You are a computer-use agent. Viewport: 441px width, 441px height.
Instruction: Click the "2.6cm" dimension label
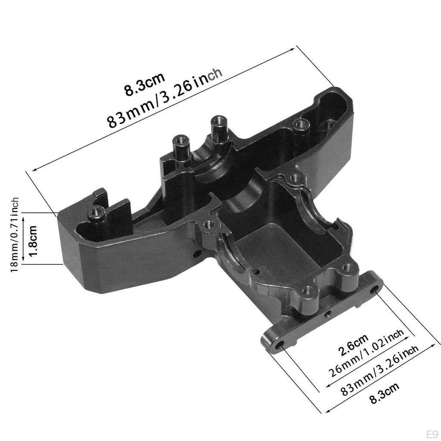353,345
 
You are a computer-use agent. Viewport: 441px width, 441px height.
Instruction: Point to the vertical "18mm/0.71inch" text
14,235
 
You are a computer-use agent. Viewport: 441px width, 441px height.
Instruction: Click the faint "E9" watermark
432,434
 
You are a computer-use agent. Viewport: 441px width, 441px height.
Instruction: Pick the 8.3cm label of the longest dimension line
144,85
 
